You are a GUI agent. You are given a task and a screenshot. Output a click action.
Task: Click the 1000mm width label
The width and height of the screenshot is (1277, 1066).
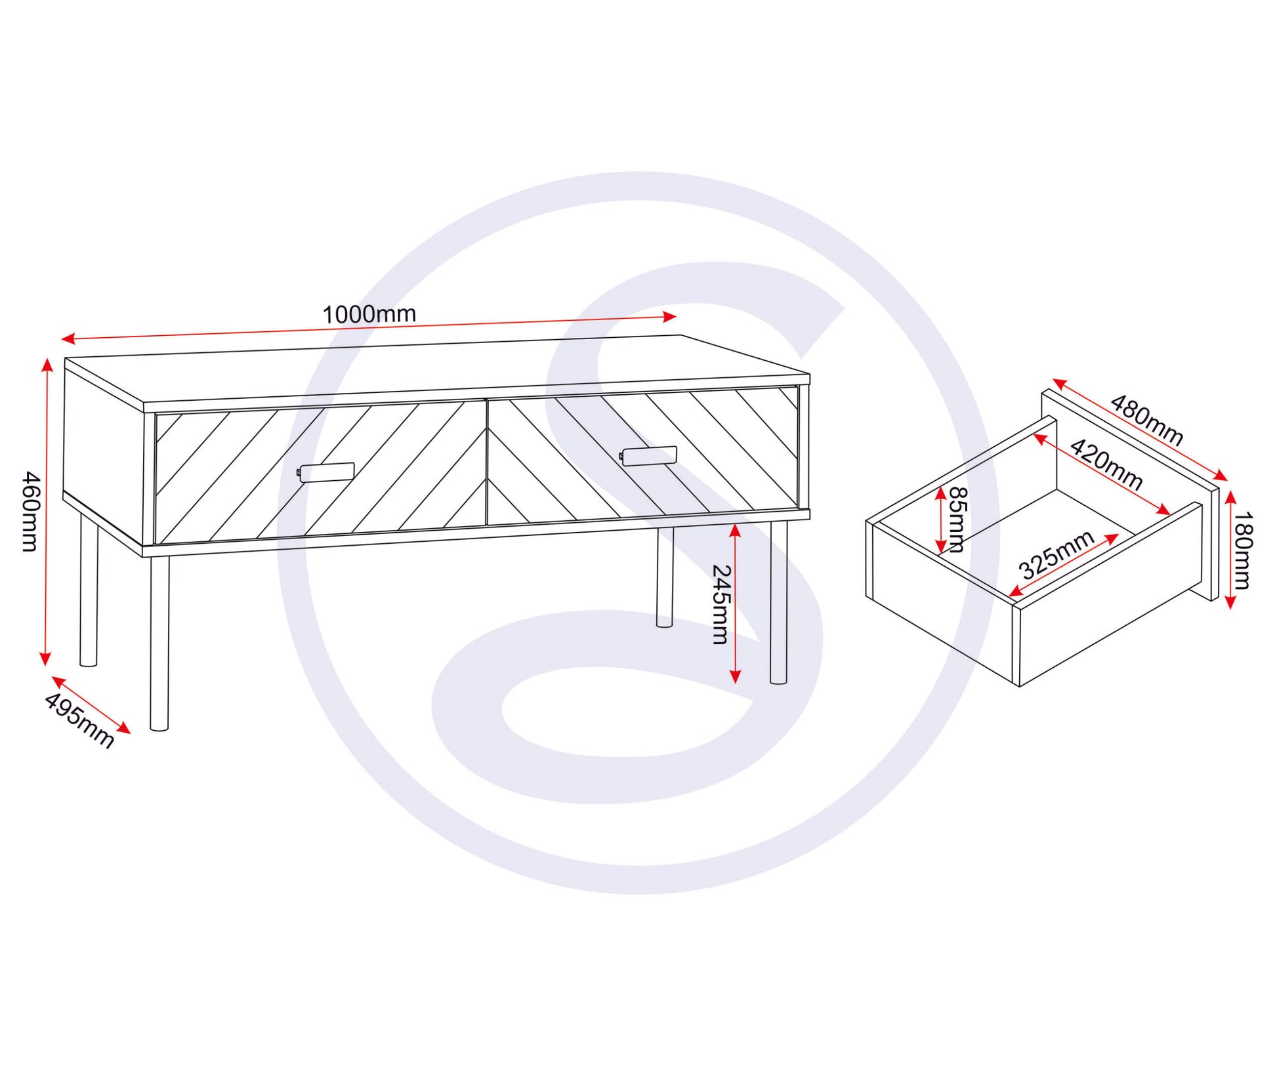[x=369, y=314]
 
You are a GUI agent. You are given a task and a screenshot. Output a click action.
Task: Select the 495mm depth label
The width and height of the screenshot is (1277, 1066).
[x=79, y=720]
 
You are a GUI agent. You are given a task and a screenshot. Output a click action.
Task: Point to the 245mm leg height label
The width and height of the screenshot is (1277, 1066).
[x=721, y=604]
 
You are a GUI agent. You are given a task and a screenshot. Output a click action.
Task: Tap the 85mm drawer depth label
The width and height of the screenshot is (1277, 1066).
[x=957, y=520]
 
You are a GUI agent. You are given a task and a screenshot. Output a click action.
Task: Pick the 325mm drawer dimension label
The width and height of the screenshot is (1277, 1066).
[x=1057, y=554]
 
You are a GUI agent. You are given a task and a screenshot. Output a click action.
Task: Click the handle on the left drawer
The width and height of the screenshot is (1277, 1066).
[x=326, y=472]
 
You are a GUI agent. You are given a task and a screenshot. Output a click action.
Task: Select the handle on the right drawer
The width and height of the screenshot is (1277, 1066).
[x=648, y=456]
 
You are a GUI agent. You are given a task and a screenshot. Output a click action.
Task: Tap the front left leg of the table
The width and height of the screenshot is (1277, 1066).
[x=159, y=643]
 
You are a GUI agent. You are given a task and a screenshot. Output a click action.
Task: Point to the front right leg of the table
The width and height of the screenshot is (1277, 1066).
[x=778, y=602]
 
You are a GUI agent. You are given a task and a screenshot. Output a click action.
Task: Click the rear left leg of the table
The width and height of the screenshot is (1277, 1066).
[x=89, y=588]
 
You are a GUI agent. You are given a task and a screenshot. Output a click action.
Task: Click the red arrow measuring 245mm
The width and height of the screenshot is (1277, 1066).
[x=735, y=604]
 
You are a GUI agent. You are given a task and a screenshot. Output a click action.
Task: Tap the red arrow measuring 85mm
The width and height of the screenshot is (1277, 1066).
[x=941, y=520]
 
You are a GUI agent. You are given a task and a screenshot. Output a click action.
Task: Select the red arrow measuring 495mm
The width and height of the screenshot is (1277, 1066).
[x=91, y=705]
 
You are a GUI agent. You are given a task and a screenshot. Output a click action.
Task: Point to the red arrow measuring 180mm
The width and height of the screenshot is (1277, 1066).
[x=1230, y=549]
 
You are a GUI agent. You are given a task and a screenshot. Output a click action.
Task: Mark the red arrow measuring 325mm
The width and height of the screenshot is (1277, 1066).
[x=1064, y=565]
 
